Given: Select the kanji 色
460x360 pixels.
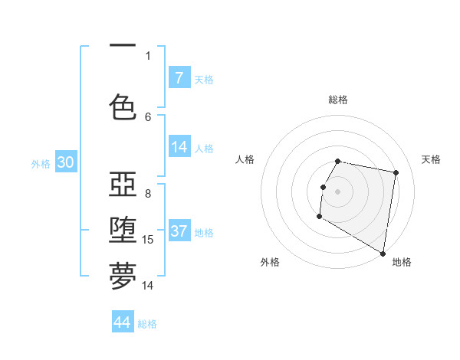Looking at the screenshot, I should click(123, 106).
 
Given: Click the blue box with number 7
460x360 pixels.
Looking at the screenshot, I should click(179, 77).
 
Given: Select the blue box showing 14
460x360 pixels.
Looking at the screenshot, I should click(179, 147).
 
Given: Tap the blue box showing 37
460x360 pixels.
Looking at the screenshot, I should click(179, 231).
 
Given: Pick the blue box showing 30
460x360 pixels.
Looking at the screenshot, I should click(65, 163).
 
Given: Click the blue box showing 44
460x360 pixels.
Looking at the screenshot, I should click(123, 322).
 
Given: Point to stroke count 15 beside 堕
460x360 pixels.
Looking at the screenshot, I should click(148, 240).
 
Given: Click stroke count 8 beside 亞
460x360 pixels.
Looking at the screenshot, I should click(148, 193).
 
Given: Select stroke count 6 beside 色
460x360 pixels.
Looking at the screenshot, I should click(148, 116).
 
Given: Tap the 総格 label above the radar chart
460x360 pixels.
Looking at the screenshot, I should click(338, 100).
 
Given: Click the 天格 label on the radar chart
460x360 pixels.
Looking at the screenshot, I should click(431, 159).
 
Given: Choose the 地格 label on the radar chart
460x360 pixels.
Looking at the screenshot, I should click(402, 262).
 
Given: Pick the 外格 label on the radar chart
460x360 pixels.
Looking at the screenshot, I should click(270, 262).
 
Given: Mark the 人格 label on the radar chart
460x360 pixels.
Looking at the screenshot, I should click(245, 159).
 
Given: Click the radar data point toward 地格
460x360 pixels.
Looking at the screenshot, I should click(383, 254).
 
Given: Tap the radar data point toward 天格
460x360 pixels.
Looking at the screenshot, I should click(396, 173).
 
